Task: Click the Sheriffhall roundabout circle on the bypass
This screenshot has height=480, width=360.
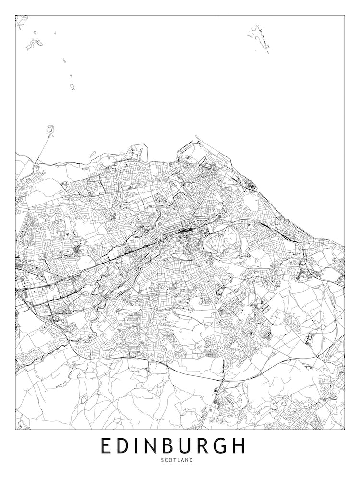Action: point(317,356)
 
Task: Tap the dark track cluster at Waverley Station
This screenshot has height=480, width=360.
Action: point(184,231)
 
